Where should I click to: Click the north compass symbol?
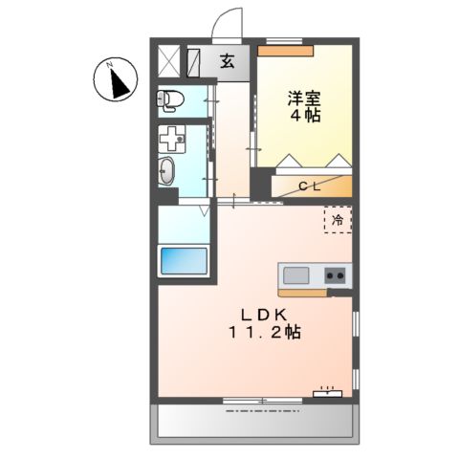coord(116,81)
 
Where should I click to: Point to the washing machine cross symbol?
coord(173,139)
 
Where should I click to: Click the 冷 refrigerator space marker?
coord(338,220)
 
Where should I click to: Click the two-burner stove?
coord(336,275)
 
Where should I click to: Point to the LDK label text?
coord(258,315)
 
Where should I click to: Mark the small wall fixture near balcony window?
coord(328,391)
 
